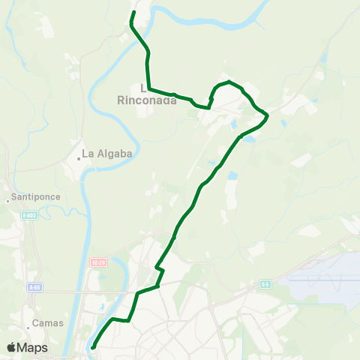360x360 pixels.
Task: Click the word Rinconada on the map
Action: point(148,100)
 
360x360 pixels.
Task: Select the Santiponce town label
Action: point(32,199)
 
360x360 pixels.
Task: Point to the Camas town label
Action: point(47,323)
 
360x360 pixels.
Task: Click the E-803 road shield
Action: point(29,215)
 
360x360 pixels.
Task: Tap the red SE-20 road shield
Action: point(97,262)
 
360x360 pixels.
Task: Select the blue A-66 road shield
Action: point(34,287)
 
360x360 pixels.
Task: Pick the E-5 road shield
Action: point(265,284)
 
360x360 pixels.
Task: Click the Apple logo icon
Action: point(12,347)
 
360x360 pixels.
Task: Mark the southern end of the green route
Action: point(92,347)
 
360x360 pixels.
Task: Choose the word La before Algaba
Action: point(88,154)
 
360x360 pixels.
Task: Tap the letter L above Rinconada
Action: point(143,87)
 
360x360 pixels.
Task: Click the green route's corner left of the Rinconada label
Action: point(149,88)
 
